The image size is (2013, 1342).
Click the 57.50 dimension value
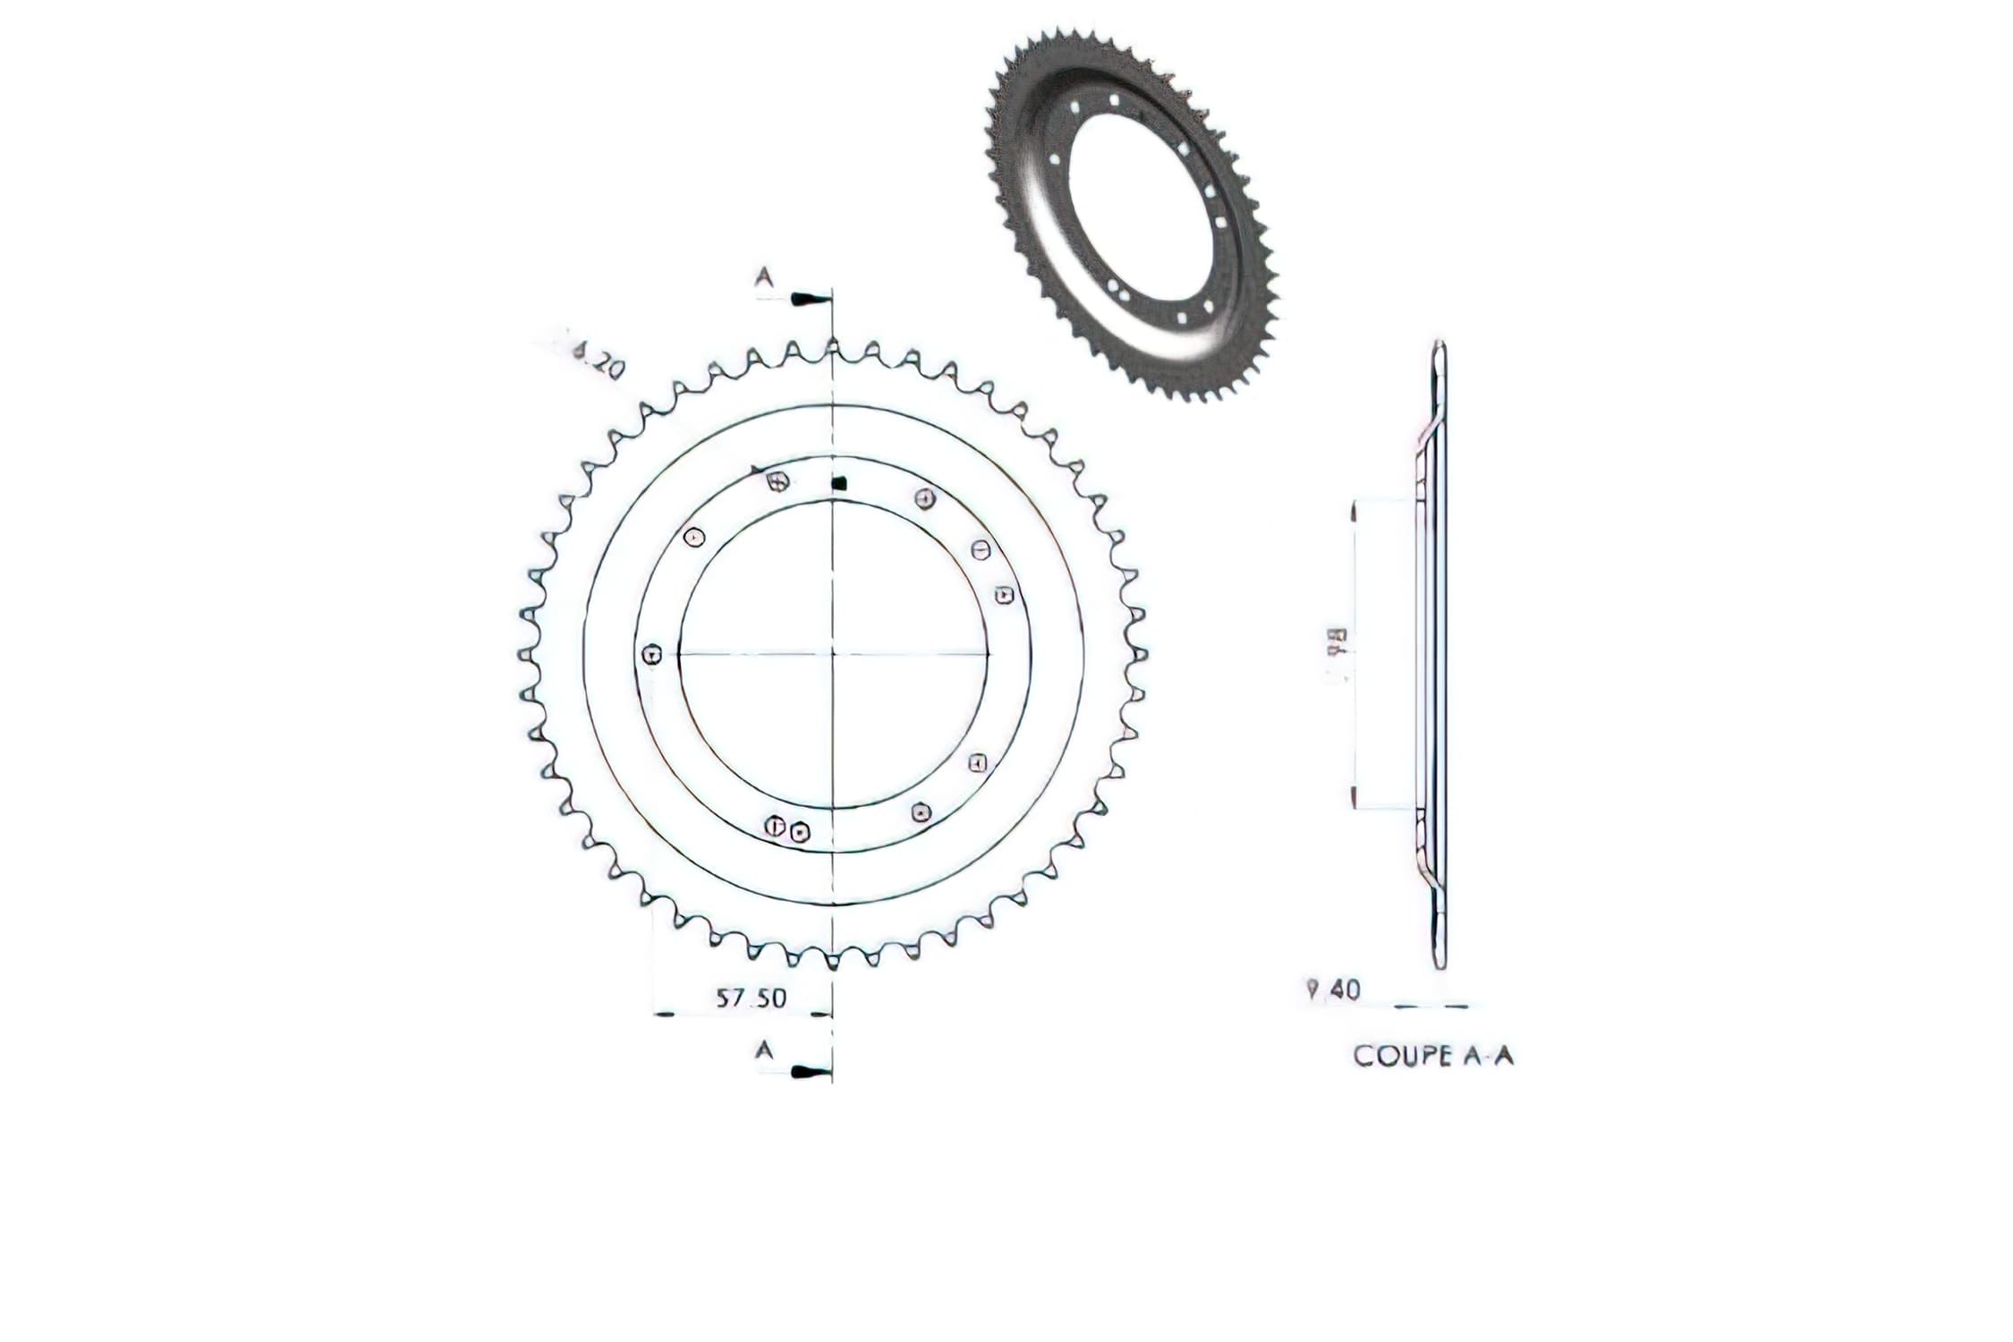pos(751,998)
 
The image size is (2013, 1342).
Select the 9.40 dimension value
pos(1333,990)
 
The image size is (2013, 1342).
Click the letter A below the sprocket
pos(764,1050)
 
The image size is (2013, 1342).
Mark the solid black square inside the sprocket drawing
pos(838,484)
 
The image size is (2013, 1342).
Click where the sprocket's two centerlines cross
pos(833,654)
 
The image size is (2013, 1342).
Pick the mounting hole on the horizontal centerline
pos(653,654)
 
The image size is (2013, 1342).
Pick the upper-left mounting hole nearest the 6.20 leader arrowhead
pos(777,481)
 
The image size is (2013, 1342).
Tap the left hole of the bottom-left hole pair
pos(775,826)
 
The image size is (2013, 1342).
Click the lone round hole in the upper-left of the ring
pos(694,538)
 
